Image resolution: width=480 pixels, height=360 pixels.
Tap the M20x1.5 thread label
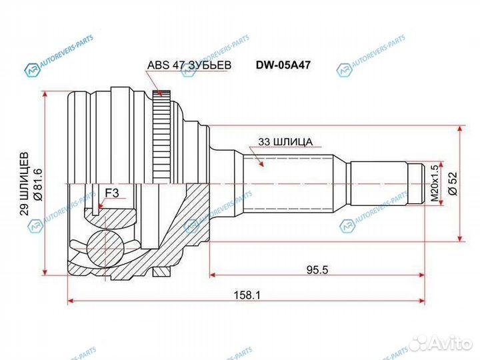point(434,183)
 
